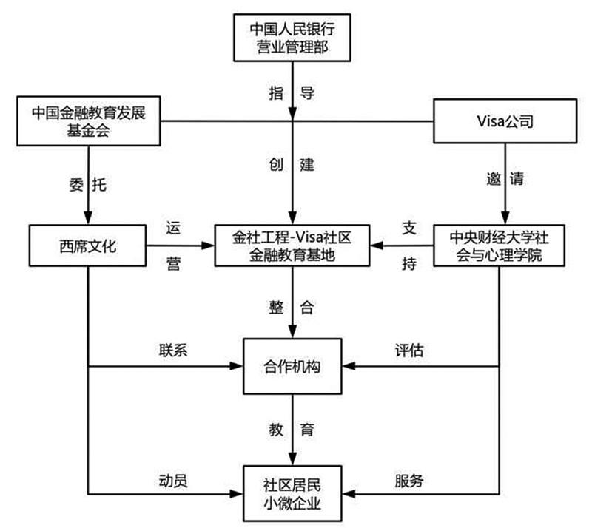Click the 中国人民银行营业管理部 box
click(294, 39)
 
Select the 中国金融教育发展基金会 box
click(88, 121)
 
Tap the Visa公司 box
click(505, 121)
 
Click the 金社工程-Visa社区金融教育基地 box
click(294, 244)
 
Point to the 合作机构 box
click(294, 366)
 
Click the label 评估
click(409, 351)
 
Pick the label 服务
click(409, 480)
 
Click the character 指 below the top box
click(276, 94)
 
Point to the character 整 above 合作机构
click(276, 305)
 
